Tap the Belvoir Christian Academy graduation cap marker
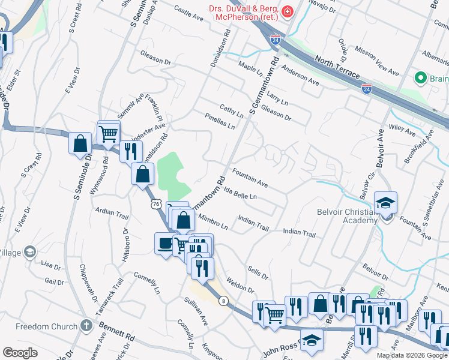(385, 202)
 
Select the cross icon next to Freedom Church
(86, 326)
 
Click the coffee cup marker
(164, 243)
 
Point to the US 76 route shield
(156, 205)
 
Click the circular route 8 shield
(223, 301)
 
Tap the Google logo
(20, 353)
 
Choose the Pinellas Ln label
(219, 121)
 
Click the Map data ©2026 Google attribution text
(412, 355)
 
